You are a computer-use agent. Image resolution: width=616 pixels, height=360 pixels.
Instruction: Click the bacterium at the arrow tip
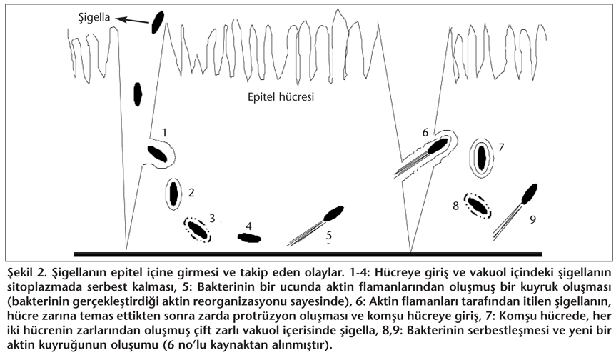click(158, 21)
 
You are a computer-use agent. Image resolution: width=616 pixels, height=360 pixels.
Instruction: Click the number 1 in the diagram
click(165, 132)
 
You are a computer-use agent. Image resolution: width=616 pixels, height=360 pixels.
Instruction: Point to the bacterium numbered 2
click(173, 191)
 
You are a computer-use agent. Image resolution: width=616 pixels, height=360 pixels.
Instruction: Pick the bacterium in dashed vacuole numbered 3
click(198, 229)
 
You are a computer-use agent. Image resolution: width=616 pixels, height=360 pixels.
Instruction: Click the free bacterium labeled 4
click(249, 238)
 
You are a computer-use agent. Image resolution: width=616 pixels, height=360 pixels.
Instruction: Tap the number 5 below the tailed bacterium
click(329, 234)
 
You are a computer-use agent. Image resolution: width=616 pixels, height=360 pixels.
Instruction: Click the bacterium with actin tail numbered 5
click(333, 212)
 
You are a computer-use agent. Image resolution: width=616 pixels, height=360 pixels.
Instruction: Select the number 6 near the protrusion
click(425, 132)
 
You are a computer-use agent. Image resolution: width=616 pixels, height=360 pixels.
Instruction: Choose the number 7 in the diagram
click(502, 148)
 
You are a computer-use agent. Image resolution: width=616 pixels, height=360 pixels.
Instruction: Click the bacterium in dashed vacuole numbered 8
click(477, 205)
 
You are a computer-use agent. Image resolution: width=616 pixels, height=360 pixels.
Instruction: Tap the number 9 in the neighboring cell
click(532, 219)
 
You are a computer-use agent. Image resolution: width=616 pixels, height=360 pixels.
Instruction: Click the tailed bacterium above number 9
click(529, 193)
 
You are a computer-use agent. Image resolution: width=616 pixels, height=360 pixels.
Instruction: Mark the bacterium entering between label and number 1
click(139, 94)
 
